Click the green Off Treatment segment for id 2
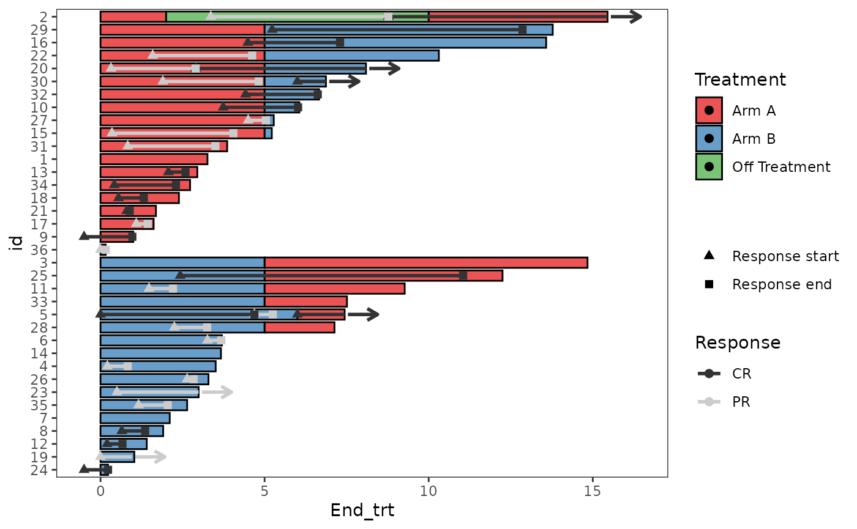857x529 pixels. coord(297,17)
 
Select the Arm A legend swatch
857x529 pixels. coord(709,111)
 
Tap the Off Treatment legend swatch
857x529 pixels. coord(709,167)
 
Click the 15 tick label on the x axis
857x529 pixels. coord(592,492)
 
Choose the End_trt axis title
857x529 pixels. coord(362,511)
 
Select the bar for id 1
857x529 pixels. coord(154,159)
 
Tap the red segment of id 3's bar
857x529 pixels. coord(425,262)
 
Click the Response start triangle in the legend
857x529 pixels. coord(709,256)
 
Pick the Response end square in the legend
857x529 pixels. coord(709,284)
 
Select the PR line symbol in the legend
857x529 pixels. coord(709,402)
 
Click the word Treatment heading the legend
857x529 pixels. coord(740,80)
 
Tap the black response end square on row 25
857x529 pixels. coord(463,276)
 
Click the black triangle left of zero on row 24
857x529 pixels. coord(84,469)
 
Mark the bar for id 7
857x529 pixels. coord(135,418)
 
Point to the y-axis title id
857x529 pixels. coord(18,243)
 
